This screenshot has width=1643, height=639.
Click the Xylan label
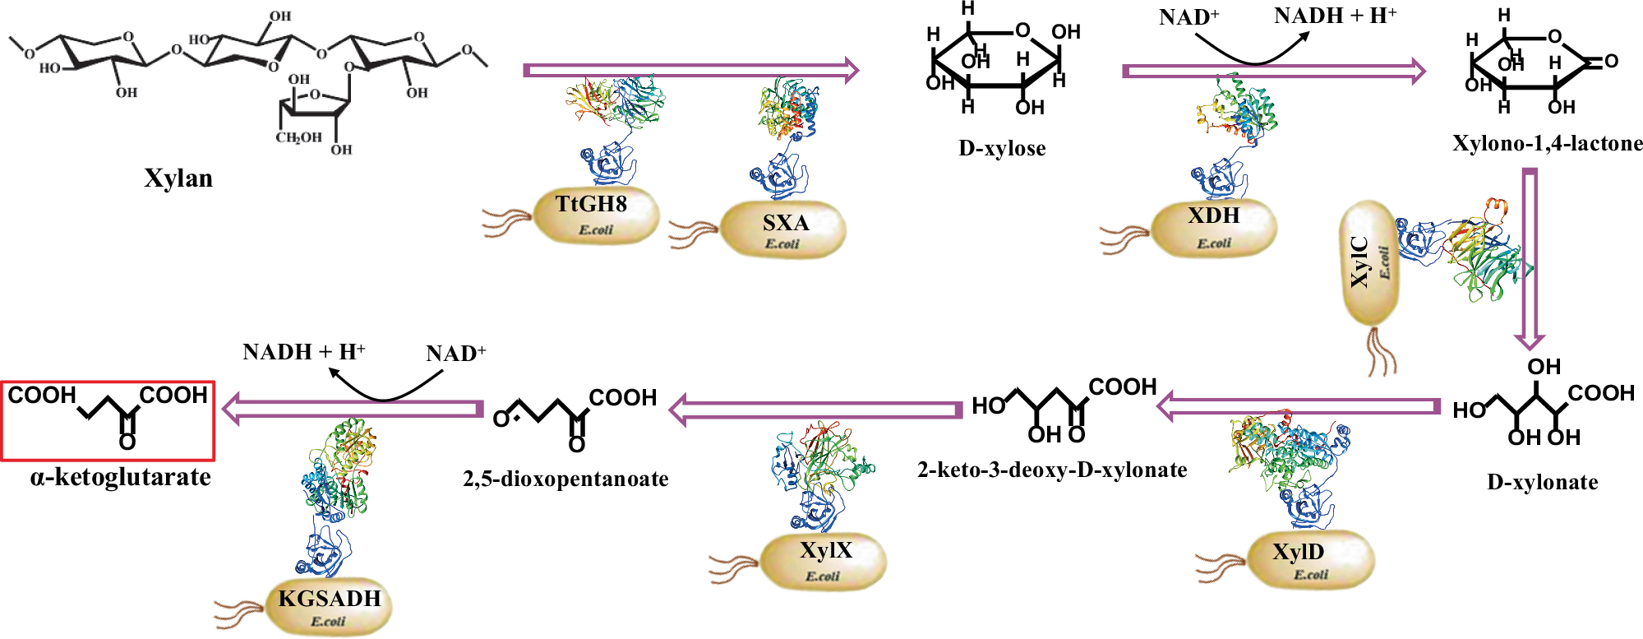click(178, 178)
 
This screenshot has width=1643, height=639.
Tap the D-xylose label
click(1002, 149)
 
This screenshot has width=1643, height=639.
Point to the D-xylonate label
click(1542, 482)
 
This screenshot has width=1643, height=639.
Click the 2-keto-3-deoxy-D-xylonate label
click(1052, 470)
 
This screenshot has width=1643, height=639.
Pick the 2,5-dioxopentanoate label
click(565, 479)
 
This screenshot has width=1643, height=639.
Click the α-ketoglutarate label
click(121, 477)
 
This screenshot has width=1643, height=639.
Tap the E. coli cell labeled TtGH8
click(596, 215)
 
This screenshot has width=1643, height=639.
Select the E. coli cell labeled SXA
click(782, 229)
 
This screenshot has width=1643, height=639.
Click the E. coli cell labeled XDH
click(1214, 227)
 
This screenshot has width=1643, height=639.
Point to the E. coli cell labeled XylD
click(1310, 560)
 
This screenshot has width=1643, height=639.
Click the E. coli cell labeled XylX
click(824, 561)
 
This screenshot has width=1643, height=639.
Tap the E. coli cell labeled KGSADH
click(329, 607)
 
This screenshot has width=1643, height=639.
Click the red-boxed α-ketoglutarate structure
click(108, 420)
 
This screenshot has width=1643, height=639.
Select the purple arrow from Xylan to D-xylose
click(690, 71)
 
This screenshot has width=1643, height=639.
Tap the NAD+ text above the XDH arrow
click(1188, 17)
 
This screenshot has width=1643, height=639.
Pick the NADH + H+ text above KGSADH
click(303, 352)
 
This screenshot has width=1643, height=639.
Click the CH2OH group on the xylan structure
click(298, 137)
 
